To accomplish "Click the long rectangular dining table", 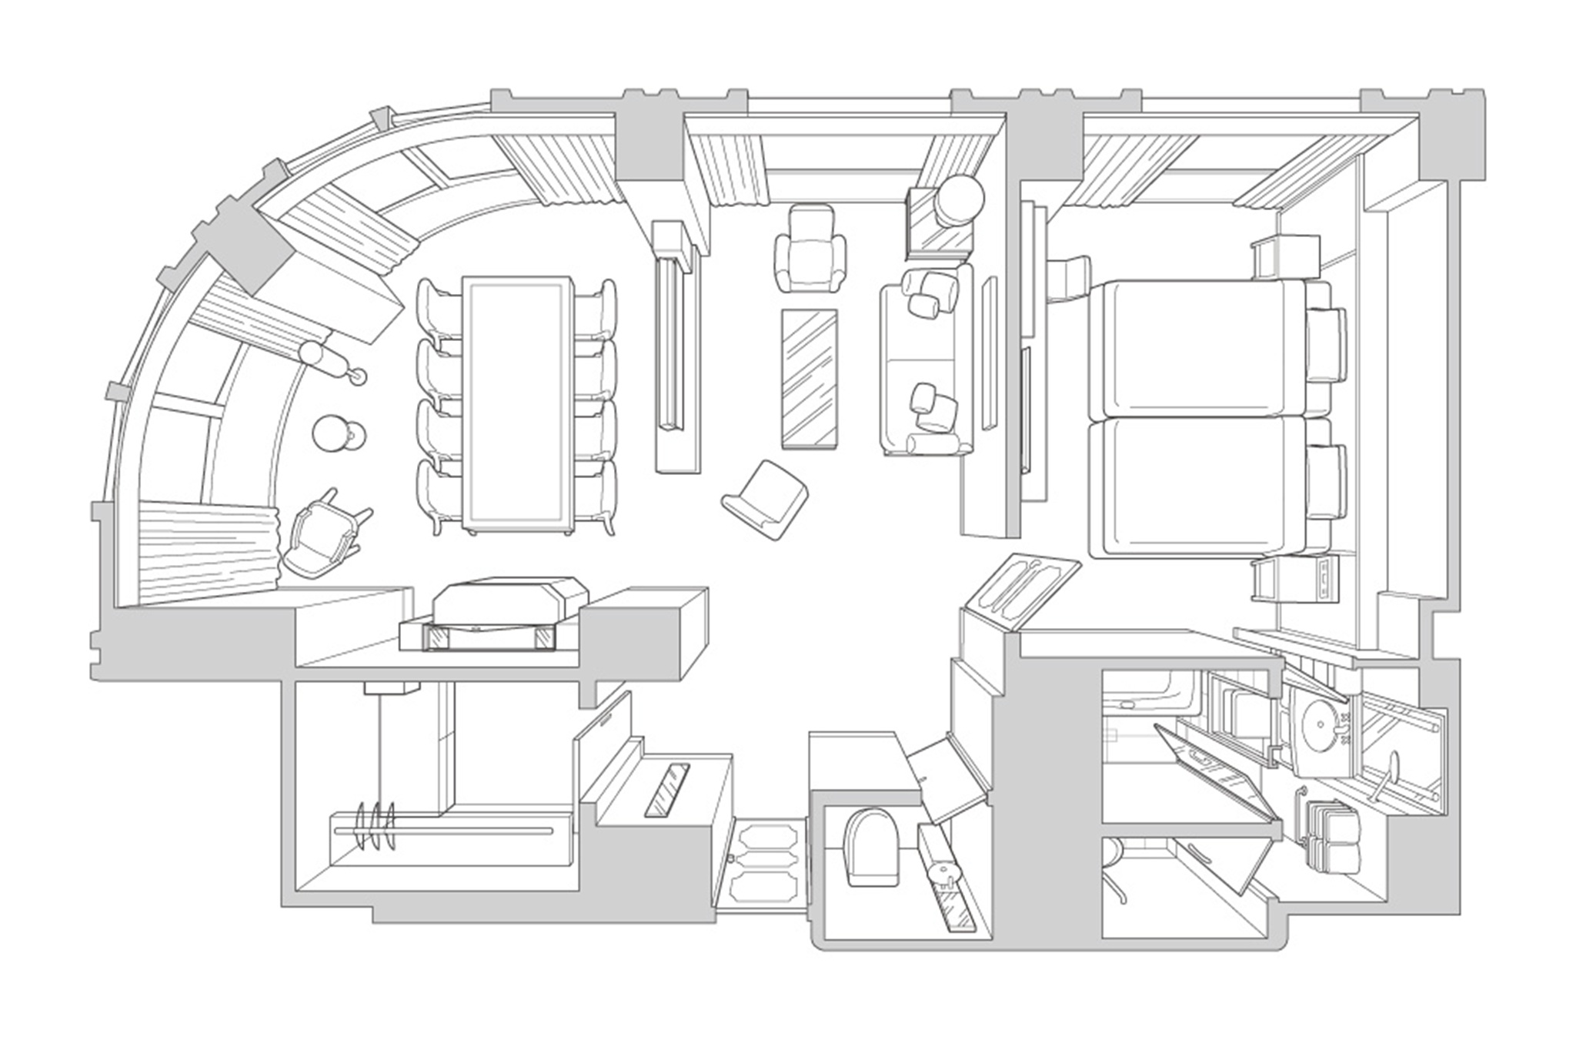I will [517, 404].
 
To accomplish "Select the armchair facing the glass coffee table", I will [810, 250].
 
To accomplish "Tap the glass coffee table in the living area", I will [809, 378].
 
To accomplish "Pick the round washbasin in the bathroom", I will [1322, 723].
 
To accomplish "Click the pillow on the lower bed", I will [1325, 481].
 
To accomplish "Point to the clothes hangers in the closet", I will [376, 828].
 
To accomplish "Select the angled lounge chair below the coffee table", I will [766, 499].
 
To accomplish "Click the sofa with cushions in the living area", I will [920, 362].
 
